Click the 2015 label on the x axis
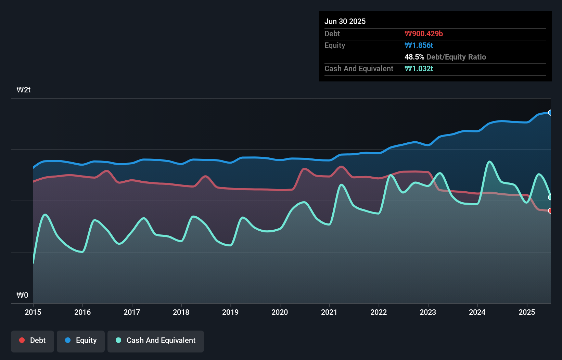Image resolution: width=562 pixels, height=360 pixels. coord(33,312)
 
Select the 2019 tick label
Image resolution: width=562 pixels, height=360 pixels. coord(230,312)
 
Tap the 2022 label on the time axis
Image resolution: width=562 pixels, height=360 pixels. coord(379,312)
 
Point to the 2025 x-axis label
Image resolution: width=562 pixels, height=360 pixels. coord(527,312)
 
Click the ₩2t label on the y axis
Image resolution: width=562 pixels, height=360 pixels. coord(24,90)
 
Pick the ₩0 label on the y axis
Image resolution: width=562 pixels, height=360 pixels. coord(22,295)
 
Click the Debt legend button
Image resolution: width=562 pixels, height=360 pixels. coord(33,340)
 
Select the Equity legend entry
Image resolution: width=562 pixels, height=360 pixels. coord(81,340)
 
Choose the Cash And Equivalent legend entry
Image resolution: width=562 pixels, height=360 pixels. coord(156,340)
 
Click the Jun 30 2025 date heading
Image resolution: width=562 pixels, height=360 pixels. coord(345,22)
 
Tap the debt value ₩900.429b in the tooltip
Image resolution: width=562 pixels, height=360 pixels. coord(424,34)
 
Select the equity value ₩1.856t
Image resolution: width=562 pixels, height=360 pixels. coord(419,46)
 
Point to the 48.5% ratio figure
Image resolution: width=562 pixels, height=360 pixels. coord(414,57)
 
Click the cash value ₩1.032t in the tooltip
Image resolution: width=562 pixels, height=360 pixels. coord(419,69)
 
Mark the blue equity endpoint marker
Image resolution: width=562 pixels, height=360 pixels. coord(550,113)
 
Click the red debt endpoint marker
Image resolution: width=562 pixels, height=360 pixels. coord(550,211)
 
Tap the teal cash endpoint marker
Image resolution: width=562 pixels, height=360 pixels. coord(550,197)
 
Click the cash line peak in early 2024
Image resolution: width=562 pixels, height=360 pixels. coord(489,162)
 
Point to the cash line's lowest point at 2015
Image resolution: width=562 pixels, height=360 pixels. coord(33,263)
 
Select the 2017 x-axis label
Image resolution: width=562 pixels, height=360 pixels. coord(132,312)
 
